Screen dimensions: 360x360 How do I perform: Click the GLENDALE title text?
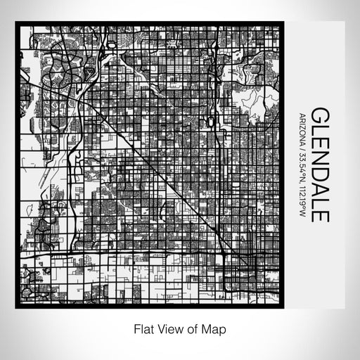(x=319, y=165)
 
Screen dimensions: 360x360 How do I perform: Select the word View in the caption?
(x=168, y=328)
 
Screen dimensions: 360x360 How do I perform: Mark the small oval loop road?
(x=210, y=120)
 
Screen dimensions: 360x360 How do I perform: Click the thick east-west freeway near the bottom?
(x=141, y=253)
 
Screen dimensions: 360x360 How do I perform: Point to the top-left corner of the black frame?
(x=17, y=24)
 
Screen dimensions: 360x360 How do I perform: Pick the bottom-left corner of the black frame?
(x=17, y=307)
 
